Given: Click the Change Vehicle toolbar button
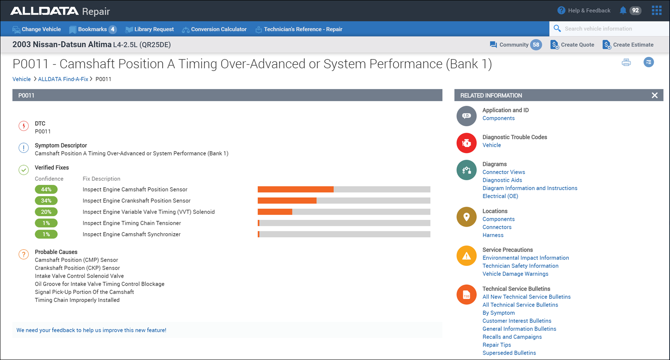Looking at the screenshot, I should [37, 29].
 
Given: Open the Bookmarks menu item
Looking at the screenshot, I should [92, 29].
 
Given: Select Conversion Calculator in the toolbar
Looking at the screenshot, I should [214, 29].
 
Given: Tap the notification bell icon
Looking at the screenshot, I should [623, 10].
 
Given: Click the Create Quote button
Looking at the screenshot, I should [572, 45].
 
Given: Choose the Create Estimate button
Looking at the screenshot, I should [628, 45].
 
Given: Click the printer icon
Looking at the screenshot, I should [626, 63].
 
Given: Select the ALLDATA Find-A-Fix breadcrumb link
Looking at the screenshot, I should [63, 79].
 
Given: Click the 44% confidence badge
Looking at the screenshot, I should [46, 189].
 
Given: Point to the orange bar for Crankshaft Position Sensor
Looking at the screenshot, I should [287, 201].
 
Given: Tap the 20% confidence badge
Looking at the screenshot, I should [46, 212].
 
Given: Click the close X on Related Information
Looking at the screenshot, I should [655, 95].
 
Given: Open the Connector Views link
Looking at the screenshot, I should [504, 172].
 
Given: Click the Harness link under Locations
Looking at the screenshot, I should [493, 235].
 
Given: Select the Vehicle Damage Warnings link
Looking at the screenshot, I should [515, 274].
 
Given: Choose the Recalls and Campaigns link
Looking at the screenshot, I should [512, 337].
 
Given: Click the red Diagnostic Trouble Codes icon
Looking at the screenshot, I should [466, 143].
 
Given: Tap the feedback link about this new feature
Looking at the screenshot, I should [91, 330].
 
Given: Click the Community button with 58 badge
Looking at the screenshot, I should [515, 45].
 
